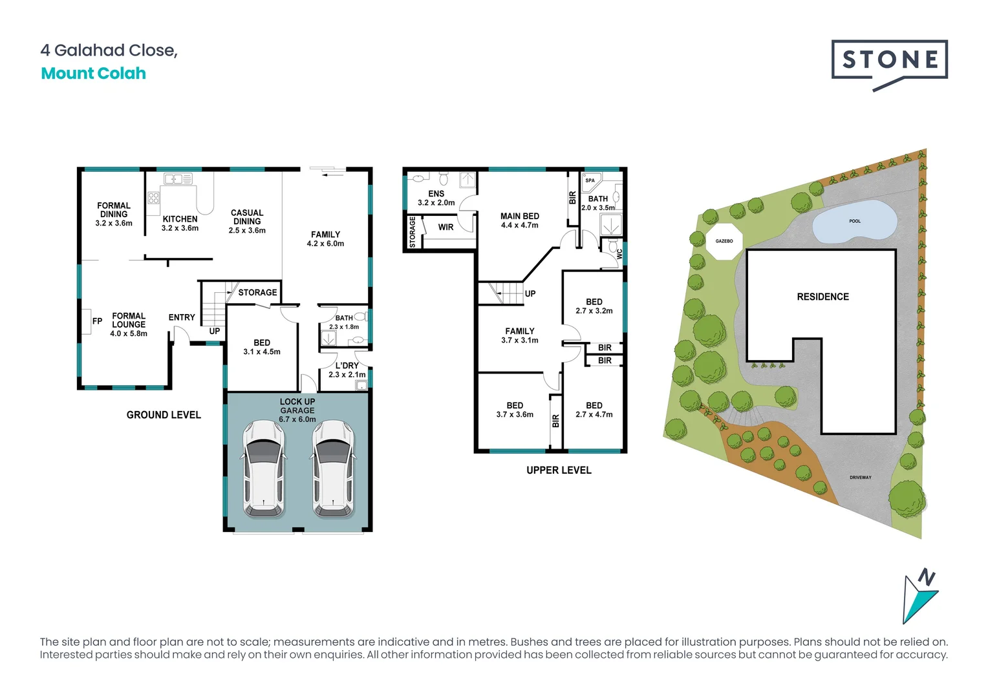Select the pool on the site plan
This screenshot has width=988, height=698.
click(x=854, y=222)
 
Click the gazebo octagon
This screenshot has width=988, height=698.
click(x=724, y=241)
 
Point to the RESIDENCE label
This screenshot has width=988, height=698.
click(x=822, y=297)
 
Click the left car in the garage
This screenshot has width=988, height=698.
click(x=263, y=469)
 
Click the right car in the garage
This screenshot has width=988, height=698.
click(x=333, y=469)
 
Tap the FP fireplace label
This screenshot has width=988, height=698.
click(x=97, y=321)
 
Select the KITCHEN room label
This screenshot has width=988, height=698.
click(x=180, y=219)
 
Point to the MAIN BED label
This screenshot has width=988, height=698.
click(x=519, y=217)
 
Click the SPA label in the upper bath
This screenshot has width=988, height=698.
click(x=590, y=180)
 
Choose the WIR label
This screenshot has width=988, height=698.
click(x=446, y=227)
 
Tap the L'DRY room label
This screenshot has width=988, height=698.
click(x=347, y=366)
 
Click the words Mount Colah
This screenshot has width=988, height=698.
click(x=94, y=74)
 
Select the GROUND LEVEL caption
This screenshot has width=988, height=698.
click(x=164, y=415)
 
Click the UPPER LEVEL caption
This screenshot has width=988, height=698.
click(x=559, y=471)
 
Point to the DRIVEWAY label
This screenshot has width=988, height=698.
click(x=860, y=478)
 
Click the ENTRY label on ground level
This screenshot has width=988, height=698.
click(x=182, y=317)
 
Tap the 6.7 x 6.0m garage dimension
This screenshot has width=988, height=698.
click(x=297, y=419)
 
